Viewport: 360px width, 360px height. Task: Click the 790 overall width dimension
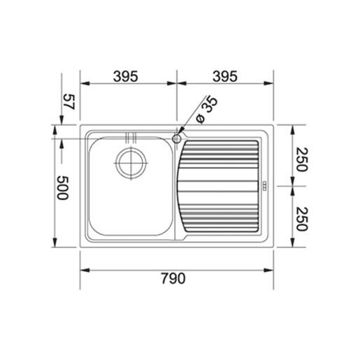click(x=173, y=278)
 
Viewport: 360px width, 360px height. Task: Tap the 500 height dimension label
click(x=63, y=188)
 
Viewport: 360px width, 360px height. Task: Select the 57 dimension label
click(x=69, y=101)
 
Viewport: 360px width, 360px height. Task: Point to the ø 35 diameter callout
click(x=207, y=110)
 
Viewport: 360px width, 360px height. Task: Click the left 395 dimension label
click(x=126, y=76)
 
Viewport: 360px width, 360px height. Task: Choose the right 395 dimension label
click(x=225, y=76)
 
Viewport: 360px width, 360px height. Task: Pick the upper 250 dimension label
click(x=302, y=159)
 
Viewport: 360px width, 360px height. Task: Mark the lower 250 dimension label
click(x=302, y=219)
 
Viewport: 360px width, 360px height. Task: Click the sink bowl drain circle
click(x=131, y=163)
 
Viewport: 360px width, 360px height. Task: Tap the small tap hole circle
click(x=177, y=139)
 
